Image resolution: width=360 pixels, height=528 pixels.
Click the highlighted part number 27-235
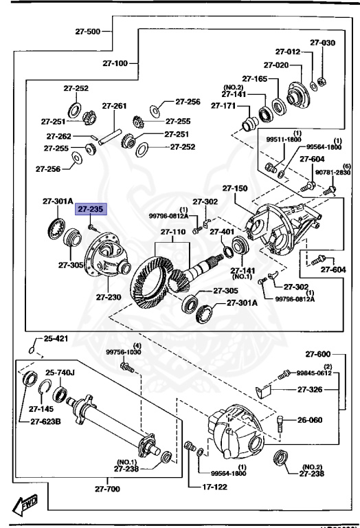coord(91,210)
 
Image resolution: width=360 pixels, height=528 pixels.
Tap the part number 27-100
coord(116,64)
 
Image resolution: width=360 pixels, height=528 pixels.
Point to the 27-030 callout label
coord(322,43)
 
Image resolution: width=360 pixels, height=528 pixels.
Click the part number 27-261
coord(115,106)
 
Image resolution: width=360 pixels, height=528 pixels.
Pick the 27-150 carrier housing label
coord(234,188)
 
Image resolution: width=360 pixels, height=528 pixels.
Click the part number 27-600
coord(319,354)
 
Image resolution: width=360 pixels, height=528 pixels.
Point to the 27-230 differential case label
coord(109,297)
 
